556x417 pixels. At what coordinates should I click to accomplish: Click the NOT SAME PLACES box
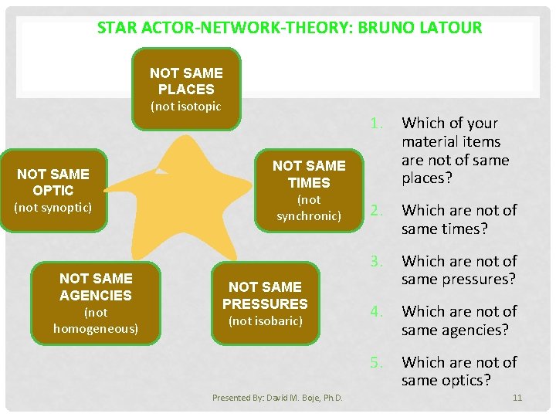186,88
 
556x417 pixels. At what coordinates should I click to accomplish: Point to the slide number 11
517,398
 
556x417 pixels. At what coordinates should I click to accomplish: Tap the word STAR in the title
117,28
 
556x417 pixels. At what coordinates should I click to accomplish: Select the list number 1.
376,123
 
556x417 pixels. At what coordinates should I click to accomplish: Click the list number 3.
376,261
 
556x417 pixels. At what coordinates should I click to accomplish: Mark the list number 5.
376,362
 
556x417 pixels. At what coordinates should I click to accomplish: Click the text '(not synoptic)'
53,208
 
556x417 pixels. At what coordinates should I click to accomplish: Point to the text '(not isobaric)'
265,321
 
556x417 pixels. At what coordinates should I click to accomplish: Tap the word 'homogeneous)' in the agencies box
96,329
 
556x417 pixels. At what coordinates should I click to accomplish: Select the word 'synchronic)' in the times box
309,215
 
